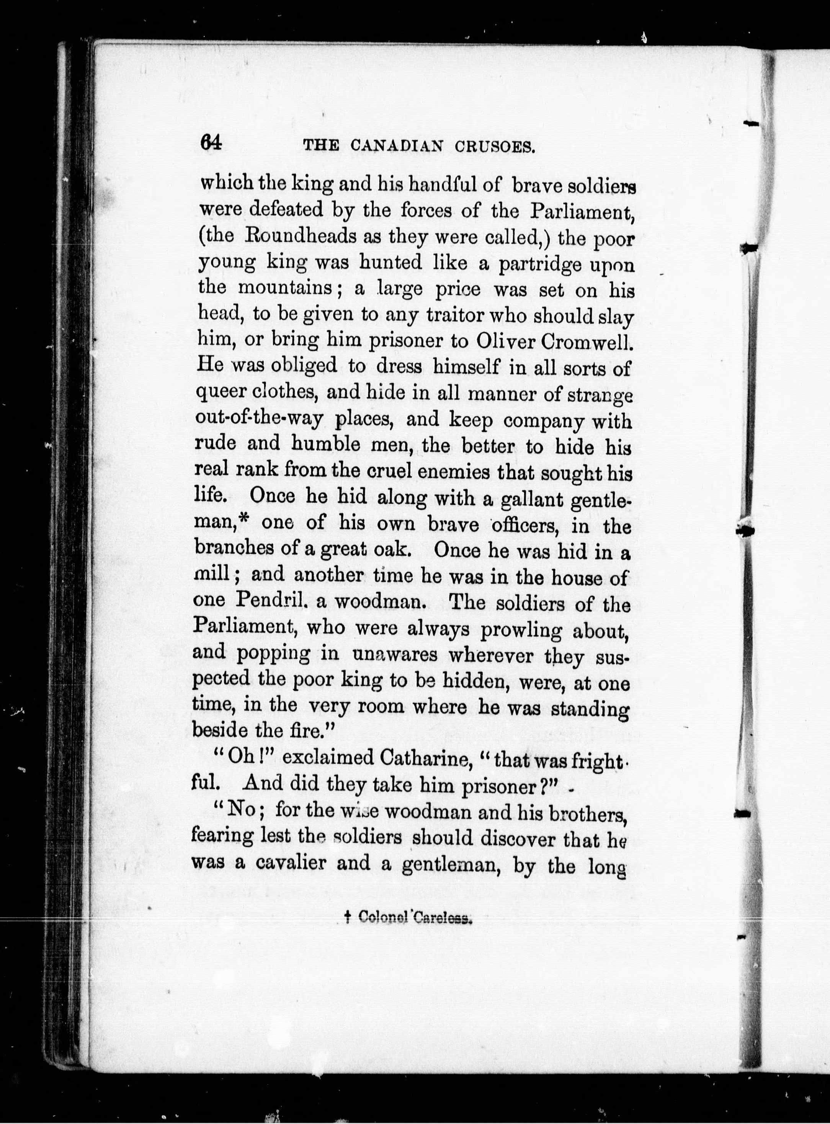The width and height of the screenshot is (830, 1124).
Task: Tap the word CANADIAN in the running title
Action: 397,146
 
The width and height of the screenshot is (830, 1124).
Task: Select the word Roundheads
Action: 288,237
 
